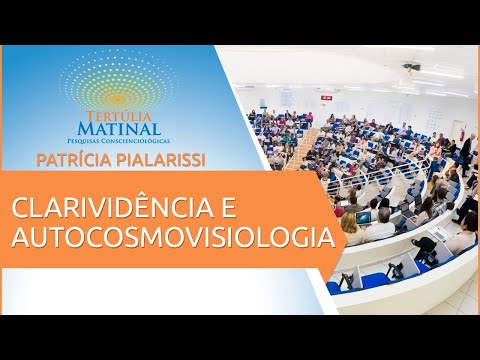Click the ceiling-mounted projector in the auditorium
pos(411,70)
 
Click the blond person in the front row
pos(350,226)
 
